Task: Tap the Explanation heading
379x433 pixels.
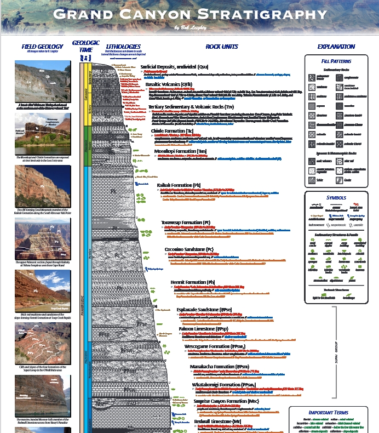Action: [336, 47]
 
